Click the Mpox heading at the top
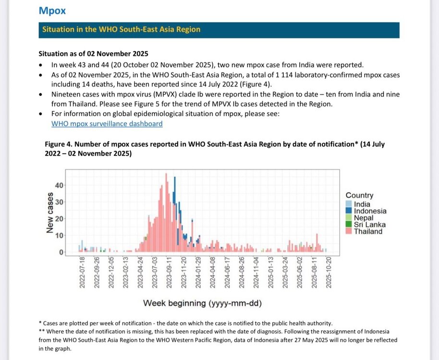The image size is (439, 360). point(52,10)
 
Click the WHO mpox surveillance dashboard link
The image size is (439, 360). point(107,124)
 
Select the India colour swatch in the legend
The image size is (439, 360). point(349,204)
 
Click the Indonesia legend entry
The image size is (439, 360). point(370,211)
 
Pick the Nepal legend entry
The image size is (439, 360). point(363,218)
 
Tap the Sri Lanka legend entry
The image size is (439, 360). point(369,225)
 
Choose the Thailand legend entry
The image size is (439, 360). point(368,231)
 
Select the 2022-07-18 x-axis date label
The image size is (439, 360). point(82,273)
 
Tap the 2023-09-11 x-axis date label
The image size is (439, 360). point(169,273)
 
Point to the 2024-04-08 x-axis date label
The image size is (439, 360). point(213,273)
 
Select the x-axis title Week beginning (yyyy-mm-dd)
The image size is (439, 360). point(202,303)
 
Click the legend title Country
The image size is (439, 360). point(359,195)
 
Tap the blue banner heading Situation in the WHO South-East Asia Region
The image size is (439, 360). point(121,30)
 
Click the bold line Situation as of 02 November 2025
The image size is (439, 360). point(93,54)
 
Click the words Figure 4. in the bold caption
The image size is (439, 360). point(59,144)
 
